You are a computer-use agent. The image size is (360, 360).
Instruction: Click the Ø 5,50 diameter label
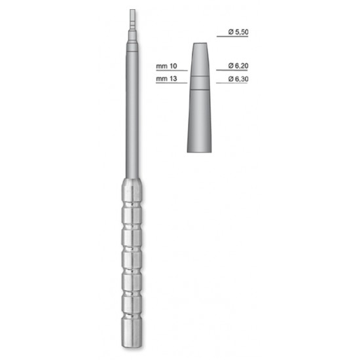click(238, 32)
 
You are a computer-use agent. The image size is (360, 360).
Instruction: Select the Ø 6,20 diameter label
click(238, 66)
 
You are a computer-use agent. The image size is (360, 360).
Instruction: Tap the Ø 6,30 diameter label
click(238, 79)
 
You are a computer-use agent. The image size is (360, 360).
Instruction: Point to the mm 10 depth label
click(166, 66)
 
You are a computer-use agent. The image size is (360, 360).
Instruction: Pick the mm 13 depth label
click(166, 79)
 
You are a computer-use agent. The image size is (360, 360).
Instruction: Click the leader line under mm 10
click(171, 71)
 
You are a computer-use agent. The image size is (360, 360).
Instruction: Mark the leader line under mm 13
click(171, 83)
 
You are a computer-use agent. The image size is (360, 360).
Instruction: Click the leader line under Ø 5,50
click(232, 37)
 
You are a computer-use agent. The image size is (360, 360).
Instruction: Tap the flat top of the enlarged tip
click(200, 43)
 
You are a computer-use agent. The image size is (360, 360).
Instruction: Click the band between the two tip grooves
click(200, 82)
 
